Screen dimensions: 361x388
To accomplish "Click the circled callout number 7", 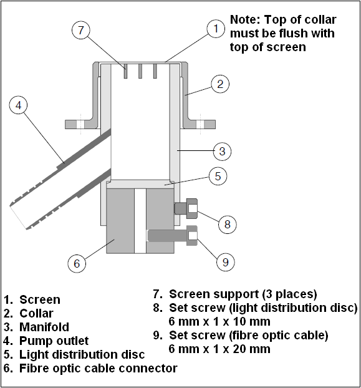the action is (x=81, y=30).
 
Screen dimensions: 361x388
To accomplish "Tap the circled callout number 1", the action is (x=216, y=29).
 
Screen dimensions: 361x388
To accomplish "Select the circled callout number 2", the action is (x=220, y=84).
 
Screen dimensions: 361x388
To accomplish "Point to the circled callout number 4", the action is (x=18, y=105).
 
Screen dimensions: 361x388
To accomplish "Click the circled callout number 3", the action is (x=222, y=151).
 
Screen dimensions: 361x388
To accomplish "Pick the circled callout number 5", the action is (x=218, y=176).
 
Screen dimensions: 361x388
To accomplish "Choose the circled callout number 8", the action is (x=227, y=225).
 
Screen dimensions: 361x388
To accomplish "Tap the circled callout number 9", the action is (x=226, y=262).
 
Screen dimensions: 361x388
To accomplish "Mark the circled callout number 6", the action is (x=77, y=263).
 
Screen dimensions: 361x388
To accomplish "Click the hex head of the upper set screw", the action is (x=192, y=208).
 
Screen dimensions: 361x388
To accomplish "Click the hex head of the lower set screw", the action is (x=192, y=236).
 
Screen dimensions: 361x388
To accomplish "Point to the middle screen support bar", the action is (x=140, y=71).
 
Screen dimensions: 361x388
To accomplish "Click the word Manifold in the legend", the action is (x=44, y=327).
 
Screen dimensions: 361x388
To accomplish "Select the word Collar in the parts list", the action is (x=36, y=313).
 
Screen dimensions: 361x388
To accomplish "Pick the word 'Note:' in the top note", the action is (x=245, y=19).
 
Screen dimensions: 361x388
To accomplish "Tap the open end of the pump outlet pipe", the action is (x=18, y=216).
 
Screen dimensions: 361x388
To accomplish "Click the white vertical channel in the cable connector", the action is (x=140, y=221).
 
